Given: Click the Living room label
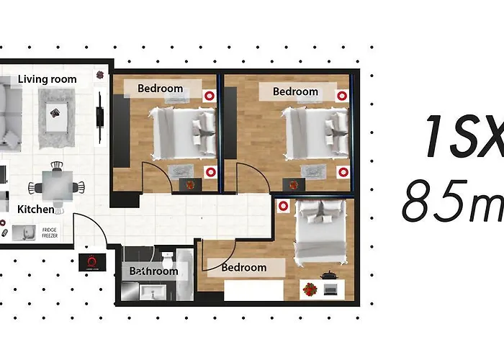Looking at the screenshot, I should (x=48, y=79).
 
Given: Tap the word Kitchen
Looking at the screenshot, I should (x=36, y=210).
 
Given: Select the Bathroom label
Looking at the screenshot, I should (x=153, y=271).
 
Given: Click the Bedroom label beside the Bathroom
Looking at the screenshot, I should (x=243, y=267).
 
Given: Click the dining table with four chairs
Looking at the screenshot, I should (x=56, y=187).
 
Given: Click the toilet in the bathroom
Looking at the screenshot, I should (x=166, y=258).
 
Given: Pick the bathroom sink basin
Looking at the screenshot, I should (x=152, y=292).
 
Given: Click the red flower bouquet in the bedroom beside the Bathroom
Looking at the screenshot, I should (x=310, y=290).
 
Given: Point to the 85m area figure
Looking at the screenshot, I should (x=451, y=202).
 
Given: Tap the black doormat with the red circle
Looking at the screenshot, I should (x=92, y=262).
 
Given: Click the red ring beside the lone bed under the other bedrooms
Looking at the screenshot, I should (x=284, y=205).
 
